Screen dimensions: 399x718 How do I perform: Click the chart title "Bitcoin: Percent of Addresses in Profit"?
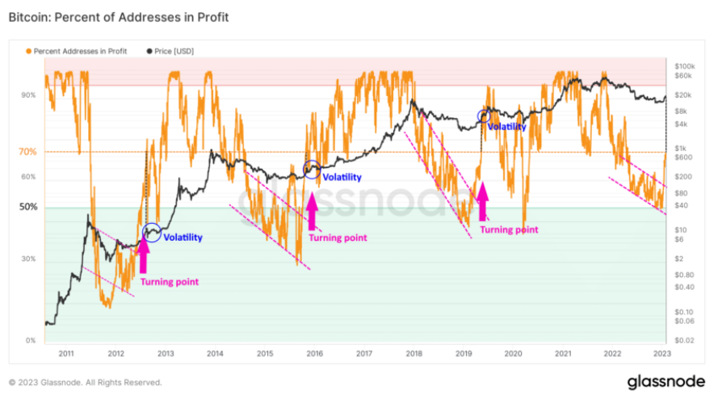119,17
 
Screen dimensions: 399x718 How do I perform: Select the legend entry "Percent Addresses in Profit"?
79,51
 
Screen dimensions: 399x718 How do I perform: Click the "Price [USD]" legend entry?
171,51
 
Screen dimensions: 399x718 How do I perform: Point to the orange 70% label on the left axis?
27,151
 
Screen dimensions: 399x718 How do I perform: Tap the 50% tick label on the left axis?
28,208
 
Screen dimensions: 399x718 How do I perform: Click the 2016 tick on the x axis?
315,353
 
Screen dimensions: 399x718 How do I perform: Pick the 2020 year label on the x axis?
513,353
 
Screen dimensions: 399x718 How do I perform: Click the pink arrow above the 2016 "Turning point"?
312,216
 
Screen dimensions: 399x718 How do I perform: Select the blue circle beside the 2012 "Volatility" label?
151,233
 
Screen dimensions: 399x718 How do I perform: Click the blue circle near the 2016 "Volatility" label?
311,169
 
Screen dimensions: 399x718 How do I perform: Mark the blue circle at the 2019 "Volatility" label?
484,117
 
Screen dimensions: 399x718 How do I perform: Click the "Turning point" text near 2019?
509,229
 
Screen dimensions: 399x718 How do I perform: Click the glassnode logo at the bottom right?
666,381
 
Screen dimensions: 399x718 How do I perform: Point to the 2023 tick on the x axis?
662,353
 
